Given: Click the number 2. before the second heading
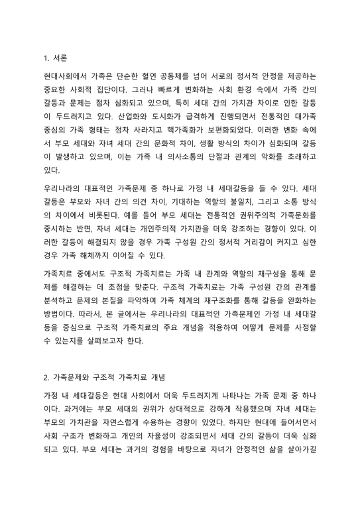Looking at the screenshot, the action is [46, 378].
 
